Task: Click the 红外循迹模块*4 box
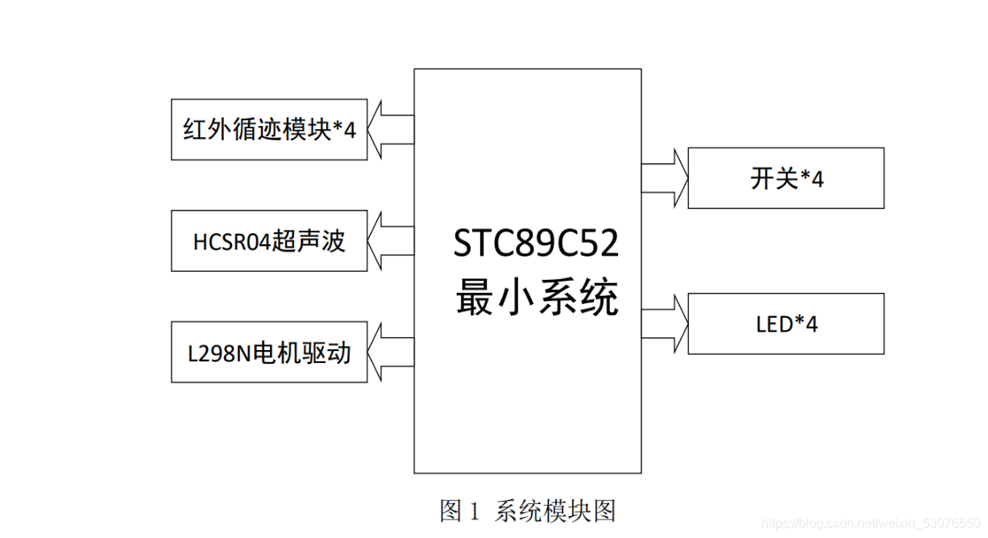269,129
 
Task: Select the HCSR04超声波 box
269,240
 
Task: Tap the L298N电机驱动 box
269,352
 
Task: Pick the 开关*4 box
786,178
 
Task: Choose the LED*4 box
786,323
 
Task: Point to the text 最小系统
537,299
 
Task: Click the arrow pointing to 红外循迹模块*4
391,129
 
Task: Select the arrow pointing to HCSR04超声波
391,240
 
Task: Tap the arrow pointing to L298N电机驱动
391,352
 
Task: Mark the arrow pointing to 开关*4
665,178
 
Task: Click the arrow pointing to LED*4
665,323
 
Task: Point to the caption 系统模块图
555,511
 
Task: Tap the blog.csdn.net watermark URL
870,524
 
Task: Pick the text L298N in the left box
218,352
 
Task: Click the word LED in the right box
774,324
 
